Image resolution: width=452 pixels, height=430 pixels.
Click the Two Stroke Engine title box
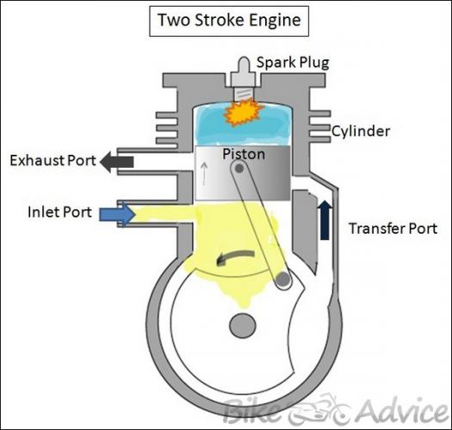[x=229, y=21]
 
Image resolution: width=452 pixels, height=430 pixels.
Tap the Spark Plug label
[x=293, y=63]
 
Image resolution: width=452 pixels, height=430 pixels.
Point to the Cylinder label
[x=361, y=131]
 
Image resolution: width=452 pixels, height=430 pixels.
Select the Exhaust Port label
[x=53, y=161]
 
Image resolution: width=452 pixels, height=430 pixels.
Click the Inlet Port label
[x=59, y=212]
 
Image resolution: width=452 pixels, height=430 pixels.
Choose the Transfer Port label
[x=393, y=229]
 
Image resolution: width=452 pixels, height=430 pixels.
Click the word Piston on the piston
[x=244, y=154]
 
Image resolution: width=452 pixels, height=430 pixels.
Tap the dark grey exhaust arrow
[x=117, y=162]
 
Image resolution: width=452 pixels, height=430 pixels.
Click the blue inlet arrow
[x=117, y=214]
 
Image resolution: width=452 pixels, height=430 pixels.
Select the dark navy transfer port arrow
[x=325, y=220]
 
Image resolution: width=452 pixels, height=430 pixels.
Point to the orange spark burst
[x=244, y=113]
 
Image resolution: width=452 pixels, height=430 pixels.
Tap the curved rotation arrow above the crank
[x=234, y=257]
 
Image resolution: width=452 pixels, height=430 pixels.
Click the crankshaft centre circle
[x=243, y=325]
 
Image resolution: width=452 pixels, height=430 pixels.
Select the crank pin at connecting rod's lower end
[x=283, y=279]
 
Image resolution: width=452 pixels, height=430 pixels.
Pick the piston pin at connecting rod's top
[x=239, y=169]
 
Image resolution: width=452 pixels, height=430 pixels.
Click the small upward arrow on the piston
[x=204, y=174]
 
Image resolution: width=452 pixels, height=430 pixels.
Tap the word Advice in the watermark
[x=401, y=411]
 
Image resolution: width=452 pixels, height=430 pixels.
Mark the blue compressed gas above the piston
[x=243, y=124]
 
